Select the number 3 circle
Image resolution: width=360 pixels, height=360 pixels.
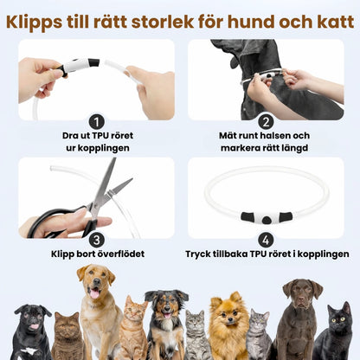pyautogui.click(x=97, y=239)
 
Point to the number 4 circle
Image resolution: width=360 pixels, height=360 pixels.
pyautogui.click(x=266, y=239)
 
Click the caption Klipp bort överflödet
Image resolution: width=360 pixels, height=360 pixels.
pyautogui.click(x=97, y=254)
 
